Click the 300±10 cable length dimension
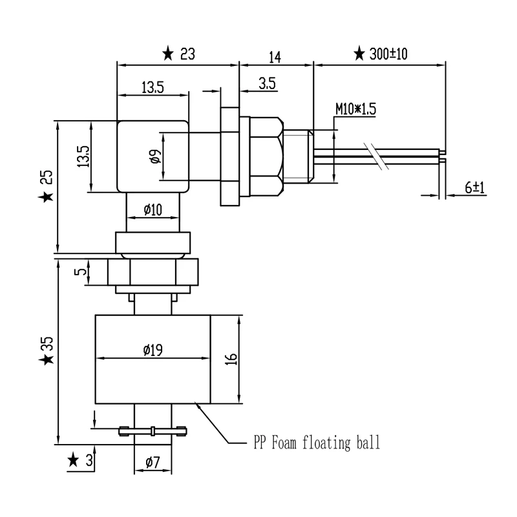point(388,54)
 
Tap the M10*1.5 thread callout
point(356,109)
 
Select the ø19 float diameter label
point(153,350)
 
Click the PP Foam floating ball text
point(317,443)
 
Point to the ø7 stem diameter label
point(153,462)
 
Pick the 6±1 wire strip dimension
point(475,187)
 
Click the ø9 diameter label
point(155,156)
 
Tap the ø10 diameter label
point(153,209)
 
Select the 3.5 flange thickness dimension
point(267,83)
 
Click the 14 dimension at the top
point(275,57)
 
